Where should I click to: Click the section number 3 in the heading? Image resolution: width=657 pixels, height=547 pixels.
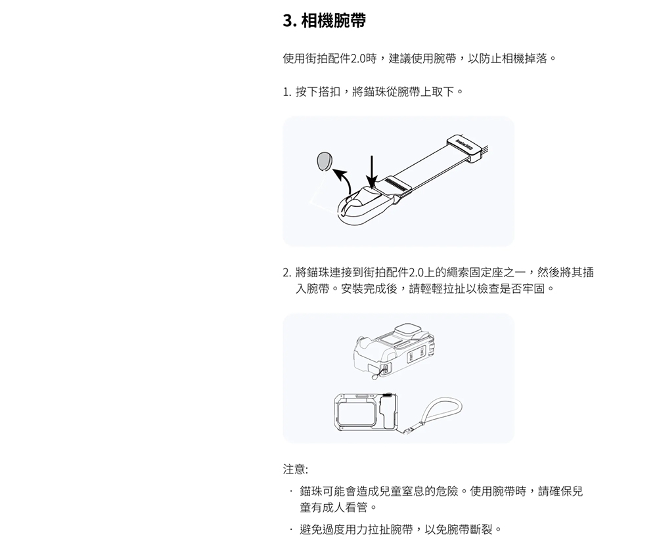pyautogui.click(x=288, y=20)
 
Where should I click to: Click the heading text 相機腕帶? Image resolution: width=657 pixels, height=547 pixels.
pyautogui.click(x=334, y=20)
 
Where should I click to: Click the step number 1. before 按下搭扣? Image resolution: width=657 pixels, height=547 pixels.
pyautogui.click(x=287, y=92)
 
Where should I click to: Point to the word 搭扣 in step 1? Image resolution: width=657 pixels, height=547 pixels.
pyautogui.click(x=330, y=92)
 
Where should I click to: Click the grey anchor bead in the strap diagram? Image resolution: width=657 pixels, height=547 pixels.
pyautogui.click(x=324, y=162)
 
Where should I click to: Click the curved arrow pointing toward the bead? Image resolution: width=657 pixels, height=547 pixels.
pyautogui.click(x=344, y=181)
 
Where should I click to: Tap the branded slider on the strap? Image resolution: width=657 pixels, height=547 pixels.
pyautogui.click(x=466, y=148)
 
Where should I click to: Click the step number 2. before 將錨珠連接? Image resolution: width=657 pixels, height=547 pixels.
pyautogui.click(x=287, y=273)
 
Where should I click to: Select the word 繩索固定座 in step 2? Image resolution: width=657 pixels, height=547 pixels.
pyautogui.click(x=462, y=273)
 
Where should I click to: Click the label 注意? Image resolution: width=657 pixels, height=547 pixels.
pyautogui.click(x=296, y=470)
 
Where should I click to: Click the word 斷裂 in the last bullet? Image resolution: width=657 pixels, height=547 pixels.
pyautogui.click(x=482, y=530)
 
